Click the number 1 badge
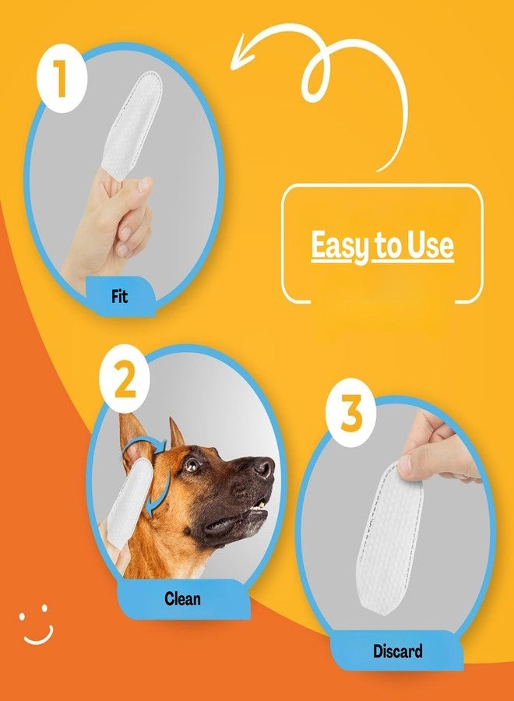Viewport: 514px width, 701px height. click(x=62, y=79)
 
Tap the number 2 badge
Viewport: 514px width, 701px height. click(x=125, y=379)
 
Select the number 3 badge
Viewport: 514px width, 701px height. click(x=351, y=412)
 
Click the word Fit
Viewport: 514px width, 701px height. click(x=119, y=296)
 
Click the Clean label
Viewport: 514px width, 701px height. click(x=182, y=598)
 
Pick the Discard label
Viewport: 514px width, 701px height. click(x=397, y=651)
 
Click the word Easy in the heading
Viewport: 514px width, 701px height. click(x=340, y=245)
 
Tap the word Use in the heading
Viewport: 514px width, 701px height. click(x=430, y=245)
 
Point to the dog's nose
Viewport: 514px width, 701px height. click(x=264, y=467)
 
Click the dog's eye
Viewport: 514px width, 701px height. click(x=192, y=465)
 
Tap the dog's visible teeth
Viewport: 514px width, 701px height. click(x=259, y=505)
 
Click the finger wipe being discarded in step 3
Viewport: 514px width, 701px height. click(x=389, y=539)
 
